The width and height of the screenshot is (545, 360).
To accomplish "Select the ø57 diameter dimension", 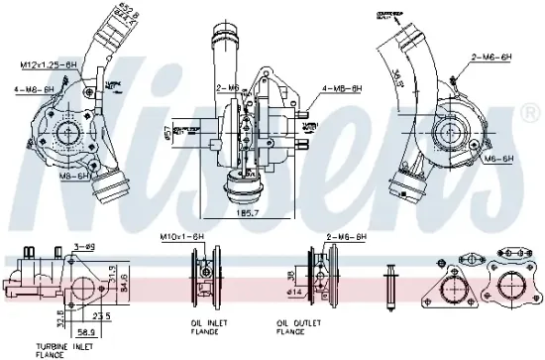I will pos(167,130).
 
